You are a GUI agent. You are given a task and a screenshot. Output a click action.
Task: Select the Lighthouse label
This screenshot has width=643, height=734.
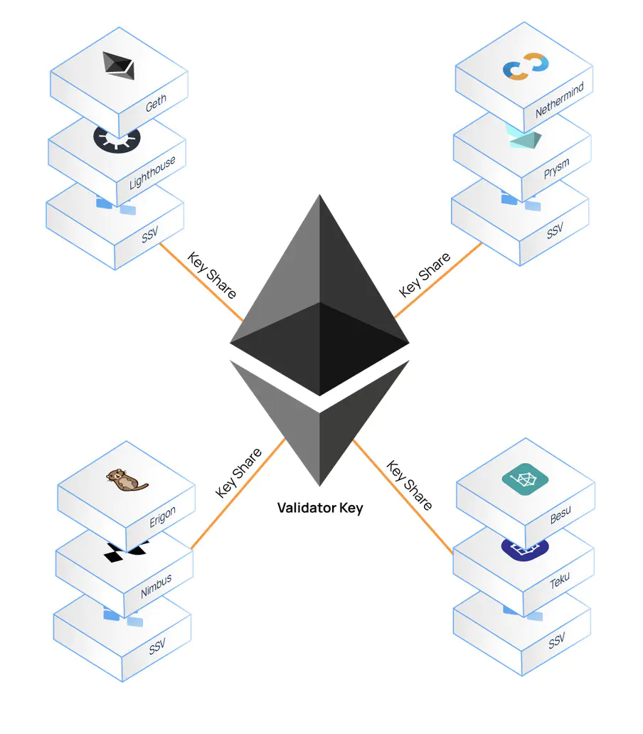(152, 173)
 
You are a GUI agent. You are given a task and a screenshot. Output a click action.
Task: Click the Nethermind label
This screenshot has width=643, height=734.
(560, 100)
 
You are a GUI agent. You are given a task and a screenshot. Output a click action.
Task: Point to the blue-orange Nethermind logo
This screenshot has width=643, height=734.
(526, 68)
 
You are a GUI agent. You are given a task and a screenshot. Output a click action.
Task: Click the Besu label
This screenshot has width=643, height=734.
(560, 514)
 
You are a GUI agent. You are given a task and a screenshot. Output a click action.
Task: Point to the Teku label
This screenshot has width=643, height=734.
(560, 580)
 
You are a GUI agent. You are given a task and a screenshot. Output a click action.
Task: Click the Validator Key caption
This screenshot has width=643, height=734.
(320, 508)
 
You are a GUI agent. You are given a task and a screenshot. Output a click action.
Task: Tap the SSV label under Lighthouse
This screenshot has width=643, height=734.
(150, 235)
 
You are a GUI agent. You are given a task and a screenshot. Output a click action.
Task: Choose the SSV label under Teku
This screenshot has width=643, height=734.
(557, 642)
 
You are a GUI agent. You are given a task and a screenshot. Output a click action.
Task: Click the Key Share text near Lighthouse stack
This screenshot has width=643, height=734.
(212, 275)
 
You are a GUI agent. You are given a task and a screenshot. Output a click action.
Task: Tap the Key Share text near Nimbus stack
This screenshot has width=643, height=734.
(239, 473)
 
